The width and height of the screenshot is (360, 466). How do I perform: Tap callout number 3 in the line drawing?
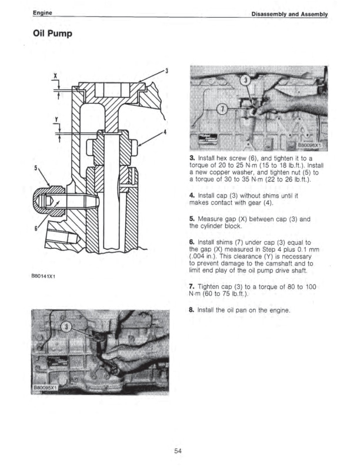pyautogui.click(x=167, y=71)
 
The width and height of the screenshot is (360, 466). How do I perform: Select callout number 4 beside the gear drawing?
pyautogui.click(x=166, y=131)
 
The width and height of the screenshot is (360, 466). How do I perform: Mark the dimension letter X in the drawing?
pyautogui.click(x=55, y=76)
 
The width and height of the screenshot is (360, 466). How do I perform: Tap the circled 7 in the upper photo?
pyautogui.click(x=223, y=109)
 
